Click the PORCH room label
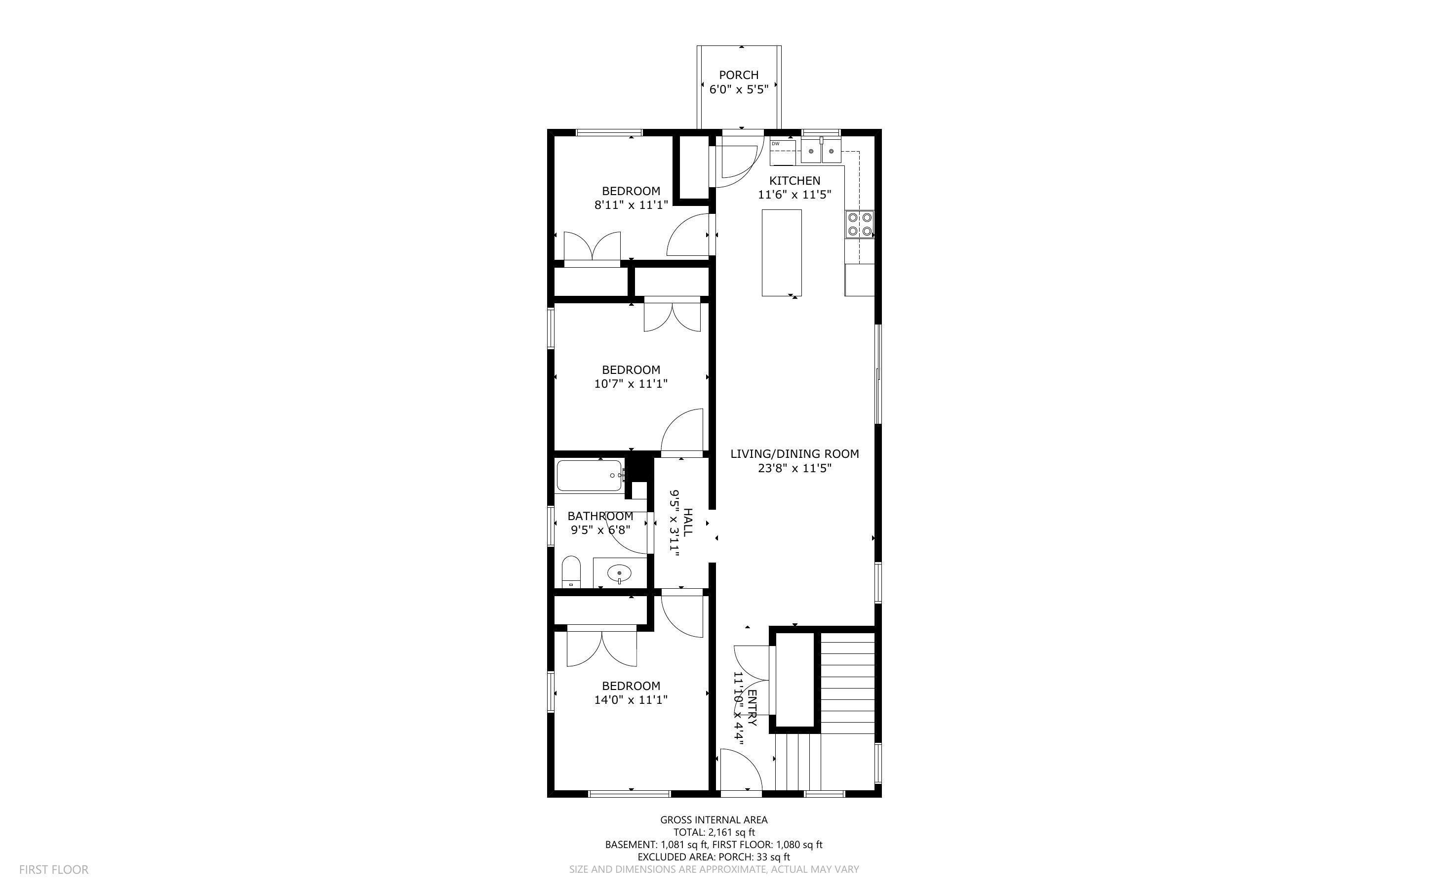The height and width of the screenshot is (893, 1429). pyautogui.click(x=738, y=75)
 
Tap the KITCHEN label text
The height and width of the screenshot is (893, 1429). pyautogui.click(x=794, y=181)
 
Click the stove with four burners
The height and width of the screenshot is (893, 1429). pyautogui.click(x=859, y=224)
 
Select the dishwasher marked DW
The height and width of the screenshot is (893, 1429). pyautogui.click(x=783, y=153)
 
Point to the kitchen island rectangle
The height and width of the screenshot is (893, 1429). pyautogui.click(x=782, y=252)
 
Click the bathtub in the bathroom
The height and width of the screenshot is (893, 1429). pyautogui.click(x=589, y=476)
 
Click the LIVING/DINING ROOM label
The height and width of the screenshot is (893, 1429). pyautogui.click(x=794, y=453)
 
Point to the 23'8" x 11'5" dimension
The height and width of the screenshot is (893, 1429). pyautogui.click(x=794, y=468)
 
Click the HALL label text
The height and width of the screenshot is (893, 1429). pyautogui.click(x=688, y=523)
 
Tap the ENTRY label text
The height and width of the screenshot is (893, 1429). pyautogui.click(x=752, y=708)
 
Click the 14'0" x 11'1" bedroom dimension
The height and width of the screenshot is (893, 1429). pyautogui.click(x=631, y=700)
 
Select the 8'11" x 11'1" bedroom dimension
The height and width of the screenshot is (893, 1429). pyautogui.click(x=631, y=205)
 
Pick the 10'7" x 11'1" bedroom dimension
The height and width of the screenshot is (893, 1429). pyautogui.click(x=631, y=384)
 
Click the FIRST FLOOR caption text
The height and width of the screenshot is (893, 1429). pyautogui.click(x=54, y=869)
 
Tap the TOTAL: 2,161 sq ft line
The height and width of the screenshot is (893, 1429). pyautogui.click(x=714, y=832)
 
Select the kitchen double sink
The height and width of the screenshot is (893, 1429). pyautogui.click(x=821, y=151)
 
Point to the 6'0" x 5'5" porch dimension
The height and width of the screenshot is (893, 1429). pyautogui.click(x=738, y=89)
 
